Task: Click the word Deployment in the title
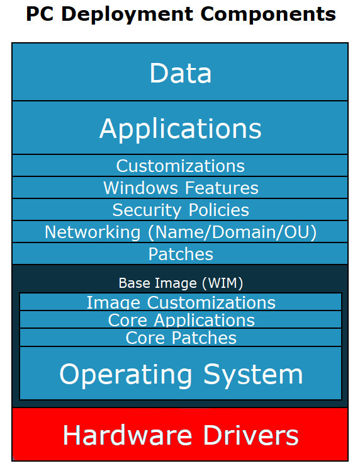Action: pyautogui.click(x=127, y=14)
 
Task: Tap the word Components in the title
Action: pyautogui.click(x=268, y=14)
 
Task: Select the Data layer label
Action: pyautogui.click(x=181, y=72)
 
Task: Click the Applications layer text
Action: pyautogui.click(x=180, y=129)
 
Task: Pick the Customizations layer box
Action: pyautogui.click(x=180, y=165)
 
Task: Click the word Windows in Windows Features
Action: pyautogui.click(x=141, y=188)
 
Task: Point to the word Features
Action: pyautogui.click(x=222, y=188)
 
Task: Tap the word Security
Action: pyautogui.click(x=147, y=210)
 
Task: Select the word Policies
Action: pyautogui.click(x=219, y=210)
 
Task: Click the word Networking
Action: pyautogui.click(x=93, y=232)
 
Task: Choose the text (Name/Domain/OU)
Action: pyautogui.click(x=232, y=232)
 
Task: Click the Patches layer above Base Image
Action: pyautogui.click(x=180, y=254)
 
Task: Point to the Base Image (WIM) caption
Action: pyautogui.click(x=181, y=283)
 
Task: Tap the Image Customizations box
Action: pyautogui.click(x=181, y=302)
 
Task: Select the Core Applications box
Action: pyautogui.click(x=181, y=319)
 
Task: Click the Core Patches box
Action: pyautogui.click(x=181, y=337)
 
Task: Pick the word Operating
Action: pyautogui.click(x=126, y=375)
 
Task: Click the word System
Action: pyautogui.click(x=253, y=375)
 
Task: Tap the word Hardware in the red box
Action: pyautogui.click(x=128, y=435)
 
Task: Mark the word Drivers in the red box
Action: pyautogui.click(x=251, y=435)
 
